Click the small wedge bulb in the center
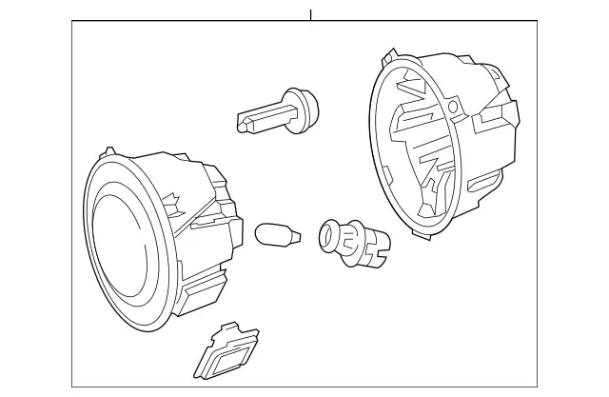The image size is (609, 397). [x=276, y=232]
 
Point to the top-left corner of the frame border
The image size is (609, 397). [x=71, y=22]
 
